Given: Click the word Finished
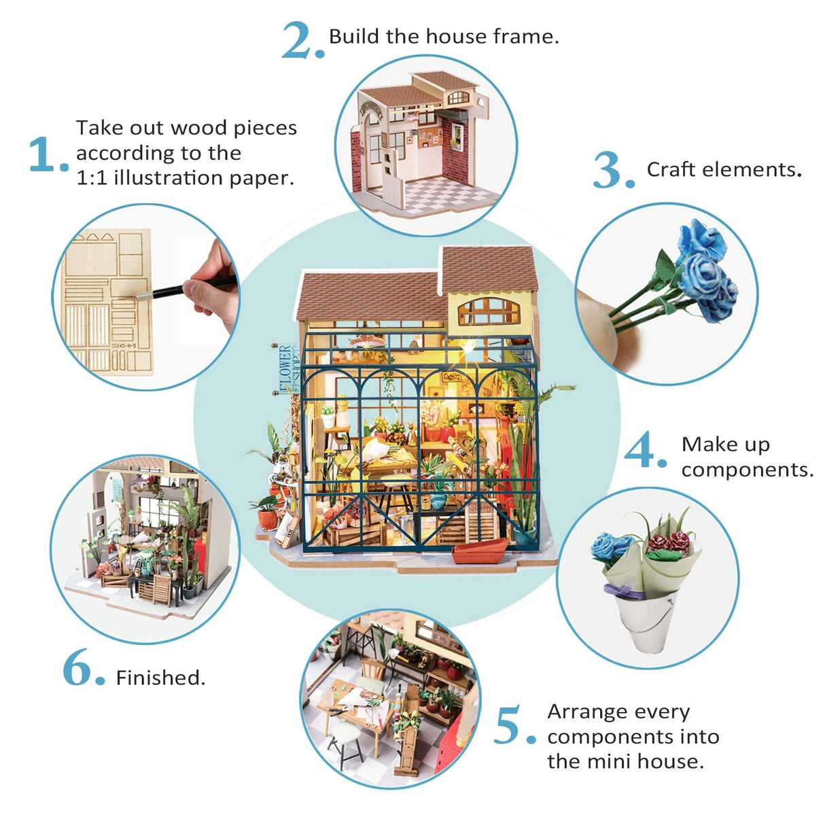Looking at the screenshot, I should pos(160,678).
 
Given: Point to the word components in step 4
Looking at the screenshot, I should pos(747,470).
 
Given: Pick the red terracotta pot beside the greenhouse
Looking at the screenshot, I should pos(267,519).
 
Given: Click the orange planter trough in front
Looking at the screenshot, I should pos(480,549).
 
